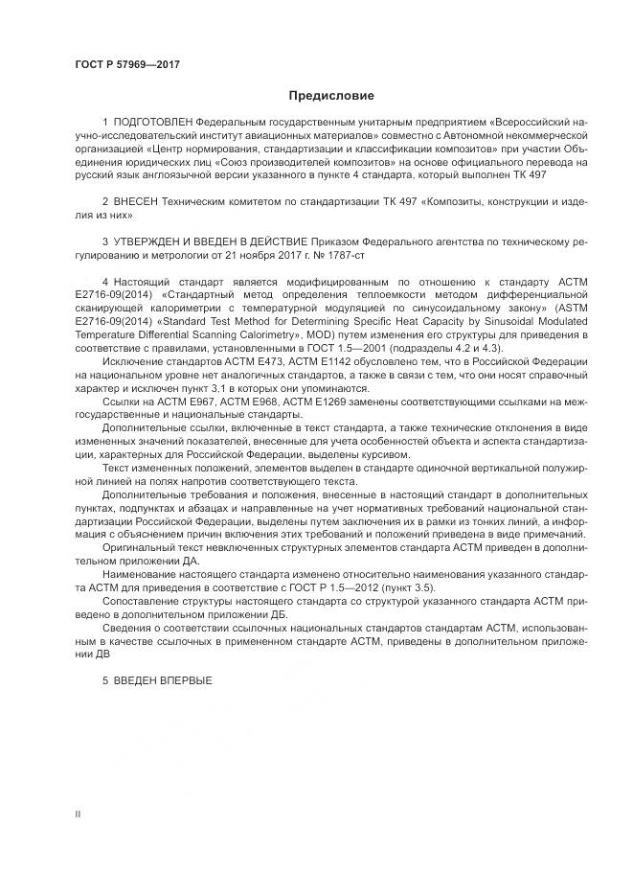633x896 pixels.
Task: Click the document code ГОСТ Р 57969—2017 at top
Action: pos(126,64)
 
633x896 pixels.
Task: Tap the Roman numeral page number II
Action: pos(79,814)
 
